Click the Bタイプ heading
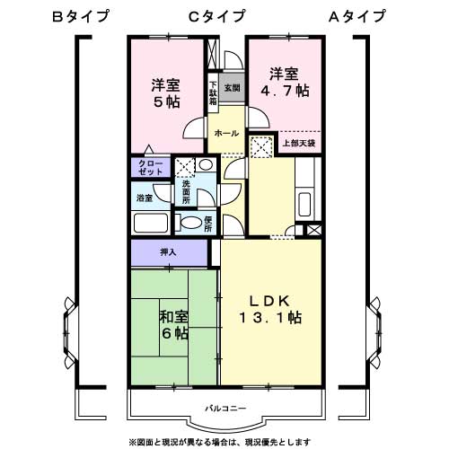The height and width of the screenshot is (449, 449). (81, 15)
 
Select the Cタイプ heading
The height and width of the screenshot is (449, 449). (216, 15)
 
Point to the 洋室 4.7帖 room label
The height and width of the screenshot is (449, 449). (286, 82)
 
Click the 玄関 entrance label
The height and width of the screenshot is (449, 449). (231, 87)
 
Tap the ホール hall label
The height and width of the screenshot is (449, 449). (225, 133)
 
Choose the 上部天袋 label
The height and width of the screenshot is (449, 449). (299, 143)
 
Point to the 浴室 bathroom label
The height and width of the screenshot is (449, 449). (144, 196)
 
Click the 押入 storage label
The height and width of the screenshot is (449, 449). (168, 252)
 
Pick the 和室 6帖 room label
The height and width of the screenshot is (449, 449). (174, 325)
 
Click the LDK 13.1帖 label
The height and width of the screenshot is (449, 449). (269, 309)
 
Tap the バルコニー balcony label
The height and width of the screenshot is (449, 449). (224, 409)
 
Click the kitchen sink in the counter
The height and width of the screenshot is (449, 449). (304, 204)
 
